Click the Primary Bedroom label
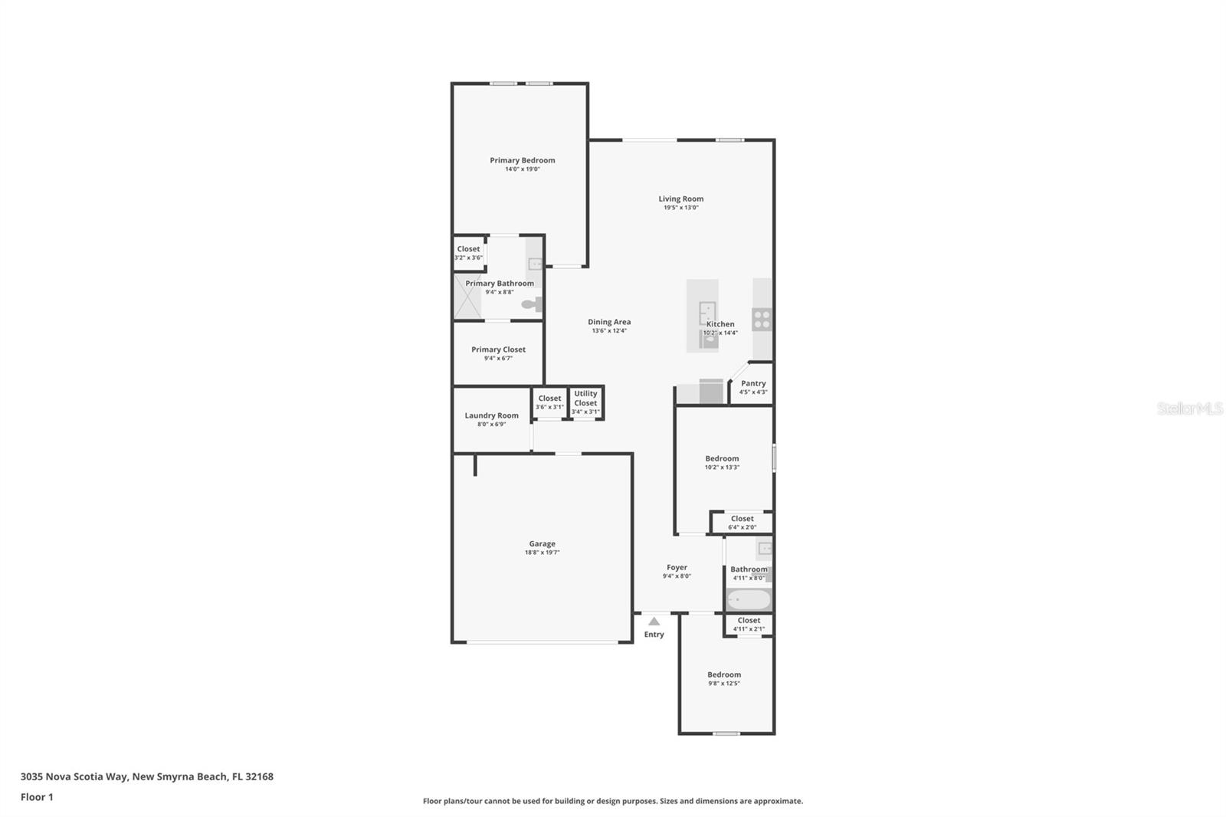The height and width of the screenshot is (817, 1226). (522, 160)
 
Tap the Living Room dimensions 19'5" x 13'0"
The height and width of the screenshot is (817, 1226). (680, 208)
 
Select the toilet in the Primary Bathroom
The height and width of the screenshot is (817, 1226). (532, 304)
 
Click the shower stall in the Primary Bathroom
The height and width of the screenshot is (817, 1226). (467, 297)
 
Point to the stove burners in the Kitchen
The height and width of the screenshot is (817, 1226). (762, 319)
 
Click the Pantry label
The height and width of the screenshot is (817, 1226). (753, 383)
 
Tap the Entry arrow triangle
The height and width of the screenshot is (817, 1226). (654, 622)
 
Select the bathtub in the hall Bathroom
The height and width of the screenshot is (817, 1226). (748, 599)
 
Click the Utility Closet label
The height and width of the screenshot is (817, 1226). (585, 398)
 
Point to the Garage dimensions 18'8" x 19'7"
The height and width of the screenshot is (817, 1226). (542, 553)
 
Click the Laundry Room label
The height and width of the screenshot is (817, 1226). (491, 415)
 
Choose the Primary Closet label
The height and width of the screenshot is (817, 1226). (498, 349)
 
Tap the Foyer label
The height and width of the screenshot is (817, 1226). (677, 567)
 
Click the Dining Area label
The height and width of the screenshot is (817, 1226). (609, 322)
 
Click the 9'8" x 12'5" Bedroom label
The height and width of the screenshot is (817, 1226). (724, 674)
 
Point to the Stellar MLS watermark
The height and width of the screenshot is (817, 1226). (1189, 408)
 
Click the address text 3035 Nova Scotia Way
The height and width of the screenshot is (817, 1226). (74, 776)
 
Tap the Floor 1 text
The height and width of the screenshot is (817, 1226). (37, 797)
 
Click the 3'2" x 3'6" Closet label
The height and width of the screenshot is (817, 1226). (468, 249)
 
